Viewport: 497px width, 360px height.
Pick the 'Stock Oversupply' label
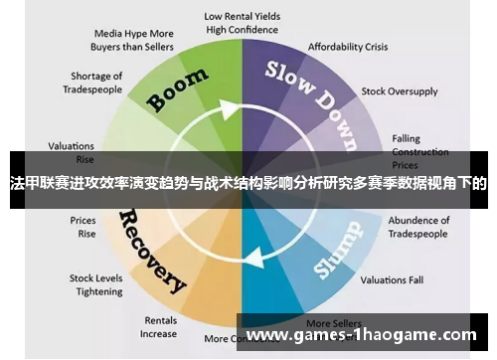(400, 91)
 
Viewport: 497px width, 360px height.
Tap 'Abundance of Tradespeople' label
(418, 227)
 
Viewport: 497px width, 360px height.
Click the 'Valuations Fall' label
(393, 279)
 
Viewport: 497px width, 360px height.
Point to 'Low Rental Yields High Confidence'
(242, 23)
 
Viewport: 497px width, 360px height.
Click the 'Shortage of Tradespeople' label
(96, 83)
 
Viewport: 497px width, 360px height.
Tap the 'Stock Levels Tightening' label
(95, 284)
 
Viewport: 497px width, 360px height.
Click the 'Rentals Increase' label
(159, 327)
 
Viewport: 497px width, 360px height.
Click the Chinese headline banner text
(248, 183)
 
